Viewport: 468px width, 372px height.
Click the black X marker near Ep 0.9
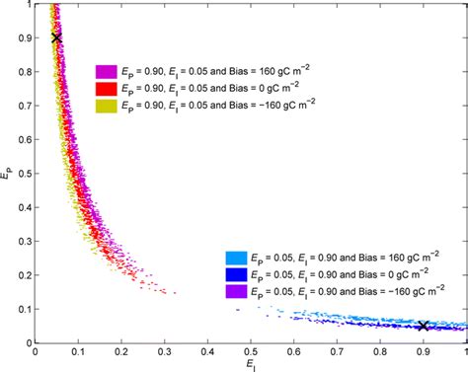pos(56,37)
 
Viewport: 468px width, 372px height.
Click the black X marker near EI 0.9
pos(424,326)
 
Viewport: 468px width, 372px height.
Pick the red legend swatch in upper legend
pos(107,88)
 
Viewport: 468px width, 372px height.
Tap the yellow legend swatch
pos(107,104)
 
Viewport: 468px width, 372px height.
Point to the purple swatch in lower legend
pos(237,292)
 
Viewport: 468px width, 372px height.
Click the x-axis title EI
pos(252,365)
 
